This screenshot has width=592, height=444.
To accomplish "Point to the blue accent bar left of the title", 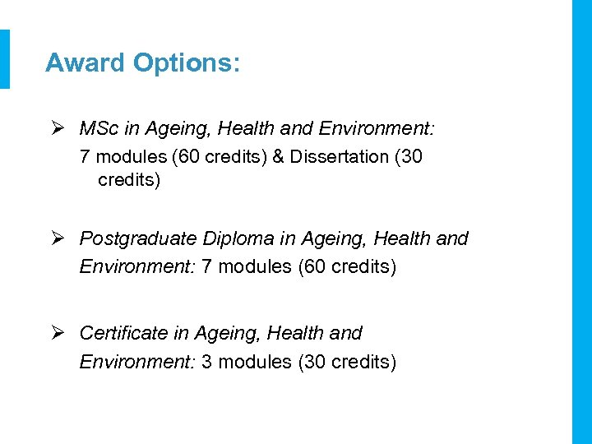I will coord(5,59).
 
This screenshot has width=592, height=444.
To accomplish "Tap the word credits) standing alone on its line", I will coord(129,180).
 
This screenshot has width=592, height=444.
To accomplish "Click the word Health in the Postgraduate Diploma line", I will coord(404,239).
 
